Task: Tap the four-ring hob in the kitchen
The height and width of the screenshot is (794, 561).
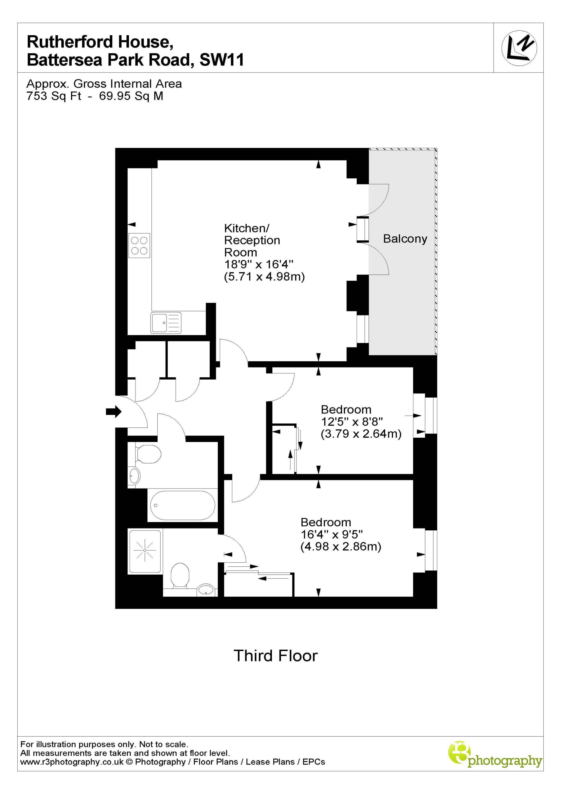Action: [139, 246]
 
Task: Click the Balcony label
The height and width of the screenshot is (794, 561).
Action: [405, 239]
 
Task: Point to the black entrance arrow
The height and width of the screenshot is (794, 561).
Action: [114, 412]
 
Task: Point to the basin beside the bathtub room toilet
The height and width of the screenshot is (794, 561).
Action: [134, 476]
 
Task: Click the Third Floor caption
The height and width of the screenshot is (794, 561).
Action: [276, 656]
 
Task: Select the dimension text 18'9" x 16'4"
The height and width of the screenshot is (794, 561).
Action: [259, 265]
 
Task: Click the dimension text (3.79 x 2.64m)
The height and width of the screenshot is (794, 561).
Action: [361, 434]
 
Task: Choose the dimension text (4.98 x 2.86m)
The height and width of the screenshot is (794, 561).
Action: [341, 547]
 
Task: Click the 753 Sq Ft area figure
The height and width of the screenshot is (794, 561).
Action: [54, 96]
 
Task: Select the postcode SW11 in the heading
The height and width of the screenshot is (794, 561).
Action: [222, 60]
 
